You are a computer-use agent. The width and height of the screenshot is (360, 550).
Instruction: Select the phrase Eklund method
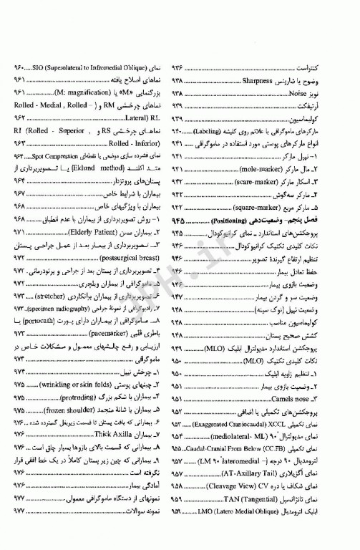click(x=92, y=168)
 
